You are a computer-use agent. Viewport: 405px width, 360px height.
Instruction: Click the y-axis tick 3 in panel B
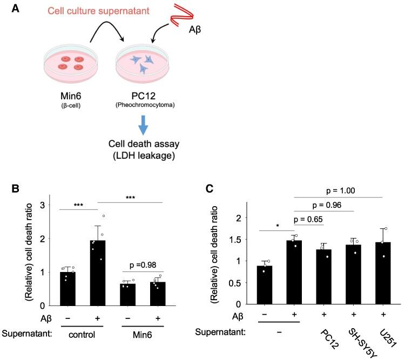(x=49, y=205)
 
